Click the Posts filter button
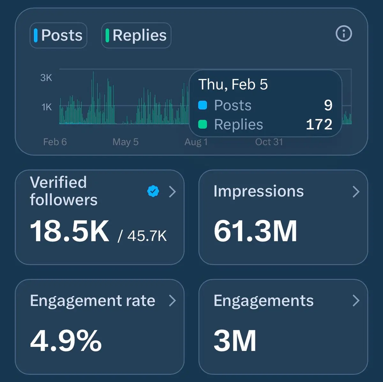[58, 35]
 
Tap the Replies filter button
[136, 35]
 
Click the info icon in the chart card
[344, 34]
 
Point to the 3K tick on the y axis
[46, 78]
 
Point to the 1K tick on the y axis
[47, 107]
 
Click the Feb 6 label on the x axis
[55, 142]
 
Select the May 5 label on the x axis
[125, 142]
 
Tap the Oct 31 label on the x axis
[269, 142]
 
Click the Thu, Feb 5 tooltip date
[233, 85]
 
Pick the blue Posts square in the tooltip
[203, 105]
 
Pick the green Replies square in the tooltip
[203, 124]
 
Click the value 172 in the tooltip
[319, 124]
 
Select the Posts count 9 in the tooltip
[328, 105]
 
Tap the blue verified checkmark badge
[153, 191]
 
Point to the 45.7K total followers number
[147, 236]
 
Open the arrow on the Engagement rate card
[172, 301]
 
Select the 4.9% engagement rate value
[66, 341]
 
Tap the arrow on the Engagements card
[356, 301]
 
